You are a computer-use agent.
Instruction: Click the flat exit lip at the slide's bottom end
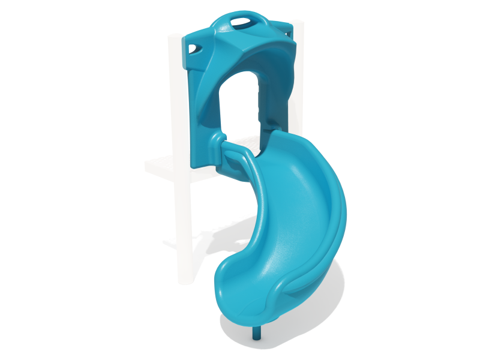coord(252,306)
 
